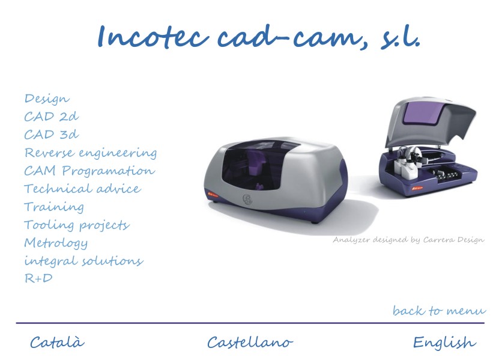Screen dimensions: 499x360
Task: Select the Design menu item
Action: click(47, 99)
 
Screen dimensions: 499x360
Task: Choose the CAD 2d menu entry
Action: click(52, 116)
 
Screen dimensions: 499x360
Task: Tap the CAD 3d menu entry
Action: click(52, 134)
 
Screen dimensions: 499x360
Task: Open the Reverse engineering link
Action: click(91, 153)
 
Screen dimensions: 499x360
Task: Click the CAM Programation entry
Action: click(89, 171)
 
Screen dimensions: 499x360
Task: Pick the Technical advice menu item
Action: click(83, 188)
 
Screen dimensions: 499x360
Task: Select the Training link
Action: click(54, 207)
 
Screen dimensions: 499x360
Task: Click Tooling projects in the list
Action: click(77, 225)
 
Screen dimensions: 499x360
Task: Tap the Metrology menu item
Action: click(56, 243)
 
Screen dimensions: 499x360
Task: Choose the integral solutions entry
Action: click(84, 261)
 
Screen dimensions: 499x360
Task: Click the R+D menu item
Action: click(38, 278)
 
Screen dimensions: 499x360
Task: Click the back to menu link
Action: click(440, 310)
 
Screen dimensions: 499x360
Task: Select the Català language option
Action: click(57, 342)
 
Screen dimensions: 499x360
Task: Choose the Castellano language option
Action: click(250, 343)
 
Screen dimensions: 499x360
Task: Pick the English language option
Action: click(444, 343)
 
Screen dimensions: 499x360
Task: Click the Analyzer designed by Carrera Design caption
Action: click(408, 240)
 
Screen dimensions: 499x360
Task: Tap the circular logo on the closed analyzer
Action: click(247, 200)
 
